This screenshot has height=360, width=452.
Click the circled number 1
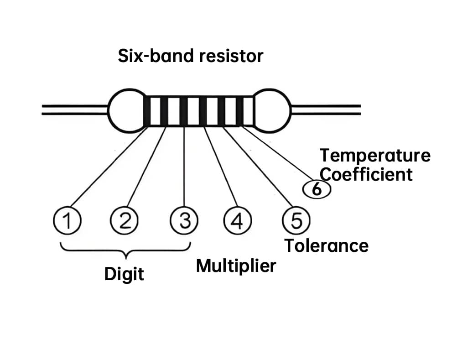pos(67,221)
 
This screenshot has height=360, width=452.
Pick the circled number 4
pos(237,221)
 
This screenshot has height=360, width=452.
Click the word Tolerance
pos(327,246)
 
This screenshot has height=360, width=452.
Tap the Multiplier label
pos(236,266)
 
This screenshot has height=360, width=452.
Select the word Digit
pos(124,275)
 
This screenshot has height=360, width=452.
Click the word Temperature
pos(375,156)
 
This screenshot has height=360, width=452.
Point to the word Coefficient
pos(366,174)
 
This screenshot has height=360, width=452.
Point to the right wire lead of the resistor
pos(326,110)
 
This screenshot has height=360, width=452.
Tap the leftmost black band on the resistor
pos(147,111)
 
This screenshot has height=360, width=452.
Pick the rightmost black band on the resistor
pos(239,111)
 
